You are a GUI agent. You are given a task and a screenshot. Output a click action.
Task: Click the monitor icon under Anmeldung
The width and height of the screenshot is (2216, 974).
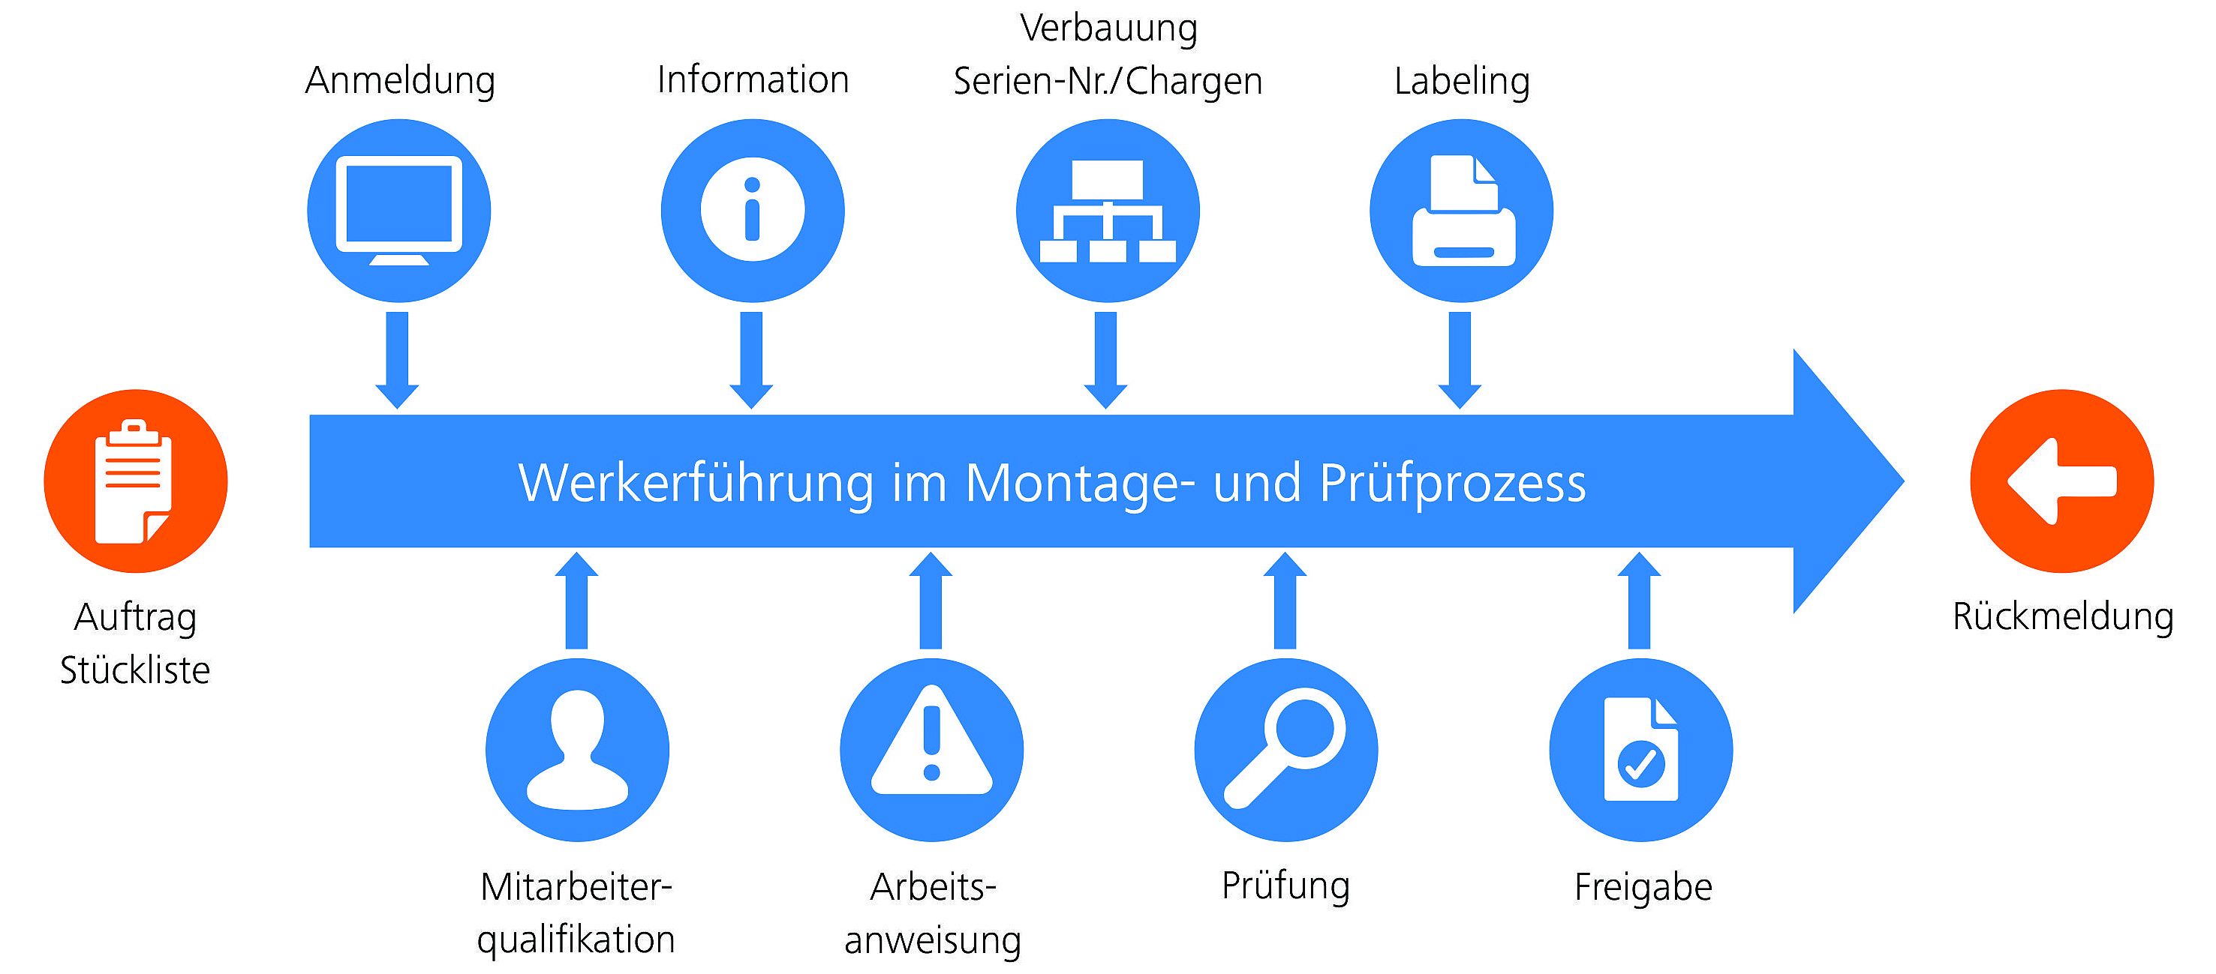point(398,211)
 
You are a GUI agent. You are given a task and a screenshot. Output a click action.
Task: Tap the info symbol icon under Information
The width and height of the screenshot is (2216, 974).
point(753,211)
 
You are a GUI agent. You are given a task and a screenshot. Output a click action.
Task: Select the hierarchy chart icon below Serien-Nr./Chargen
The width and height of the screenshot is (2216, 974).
point(1108,211)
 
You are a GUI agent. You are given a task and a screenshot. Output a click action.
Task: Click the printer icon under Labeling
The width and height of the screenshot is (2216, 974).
point(1462,211)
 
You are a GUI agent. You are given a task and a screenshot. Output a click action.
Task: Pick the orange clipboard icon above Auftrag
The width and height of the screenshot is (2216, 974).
point(136,481)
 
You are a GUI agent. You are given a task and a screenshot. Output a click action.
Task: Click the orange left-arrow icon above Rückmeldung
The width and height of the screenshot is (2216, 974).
point(2062,481)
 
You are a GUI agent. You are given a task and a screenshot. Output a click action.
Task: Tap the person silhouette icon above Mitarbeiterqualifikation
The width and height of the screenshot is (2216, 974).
point(577,750)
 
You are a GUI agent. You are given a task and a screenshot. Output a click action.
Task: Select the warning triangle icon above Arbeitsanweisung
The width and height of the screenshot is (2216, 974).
point(931,750)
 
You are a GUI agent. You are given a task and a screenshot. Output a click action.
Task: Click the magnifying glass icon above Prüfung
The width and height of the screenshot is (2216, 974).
point(1286,750)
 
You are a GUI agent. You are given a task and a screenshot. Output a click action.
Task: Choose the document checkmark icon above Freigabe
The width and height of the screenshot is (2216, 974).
point(1640,750)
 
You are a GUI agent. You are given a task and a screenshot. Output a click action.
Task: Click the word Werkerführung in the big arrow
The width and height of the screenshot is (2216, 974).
point(696,484)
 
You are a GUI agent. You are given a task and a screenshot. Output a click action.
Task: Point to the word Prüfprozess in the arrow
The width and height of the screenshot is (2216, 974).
point(1453,484)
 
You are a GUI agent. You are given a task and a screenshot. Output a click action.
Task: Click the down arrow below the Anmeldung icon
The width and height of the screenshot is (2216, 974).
point(398,360)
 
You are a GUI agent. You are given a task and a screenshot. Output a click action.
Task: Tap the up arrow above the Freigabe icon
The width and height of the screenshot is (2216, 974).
point(1640,600)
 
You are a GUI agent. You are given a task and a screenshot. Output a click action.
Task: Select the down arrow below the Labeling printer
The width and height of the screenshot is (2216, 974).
point(1460,360)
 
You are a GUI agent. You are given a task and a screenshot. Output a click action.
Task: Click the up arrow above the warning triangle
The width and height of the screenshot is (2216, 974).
point(931,600)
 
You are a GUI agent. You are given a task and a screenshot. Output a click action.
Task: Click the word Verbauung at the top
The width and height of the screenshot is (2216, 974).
point(1109,28)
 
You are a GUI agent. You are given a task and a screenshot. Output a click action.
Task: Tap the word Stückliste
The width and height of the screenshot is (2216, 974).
point(135,670)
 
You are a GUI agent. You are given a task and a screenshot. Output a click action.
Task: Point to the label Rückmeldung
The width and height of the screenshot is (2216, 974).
point(2063,616)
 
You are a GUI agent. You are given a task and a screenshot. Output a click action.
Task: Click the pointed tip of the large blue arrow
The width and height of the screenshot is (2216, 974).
point(1903,481)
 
